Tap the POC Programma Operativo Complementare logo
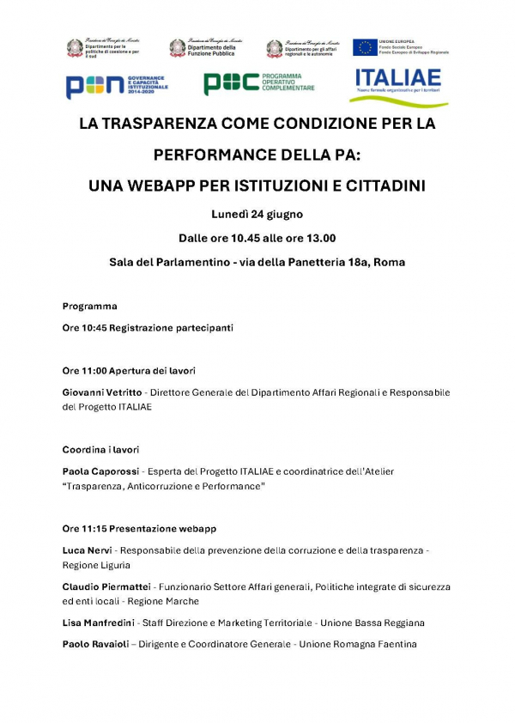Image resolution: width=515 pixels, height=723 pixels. pos(258,83)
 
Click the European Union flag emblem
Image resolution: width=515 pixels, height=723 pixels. pos(365,47)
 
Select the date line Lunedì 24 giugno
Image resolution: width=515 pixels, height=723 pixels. pos(257,214)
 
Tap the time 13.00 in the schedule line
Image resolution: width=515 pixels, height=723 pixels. pos(318,238)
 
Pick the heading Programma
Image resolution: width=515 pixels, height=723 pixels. pos(89,306)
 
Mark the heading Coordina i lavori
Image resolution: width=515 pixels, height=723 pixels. pos(100,450)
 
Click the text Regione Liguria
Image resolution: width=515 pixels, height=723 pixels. pos(96,565)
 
